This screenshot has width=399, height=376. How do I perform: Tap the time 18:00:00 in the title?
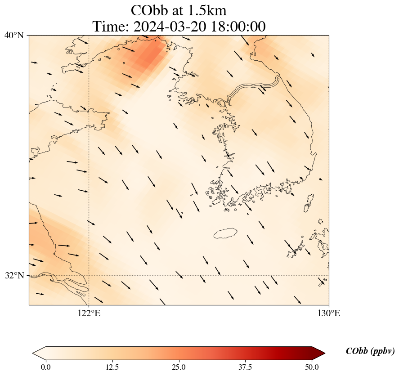click(238, 27)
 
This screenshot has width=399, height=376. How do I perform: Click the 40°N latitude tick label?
click(14, 35)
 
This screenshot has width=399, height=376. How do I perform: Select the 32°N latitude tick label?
click(14, 275)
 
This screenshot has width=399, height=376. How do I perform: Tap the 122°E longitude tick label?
click(89, 313)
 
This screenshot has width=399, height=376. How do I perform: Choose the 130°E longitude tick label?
click(329, 313)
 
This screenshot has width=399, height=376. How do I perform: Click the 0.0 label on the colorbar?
click(45, 367)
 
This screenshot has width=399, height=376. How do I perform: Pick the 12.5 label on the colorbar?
click(112, 367)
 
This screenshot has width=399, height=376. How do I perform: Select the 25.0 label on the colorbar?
click(179, 367)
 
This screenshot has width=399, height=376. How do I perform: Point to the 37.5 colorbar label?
click(245, 367)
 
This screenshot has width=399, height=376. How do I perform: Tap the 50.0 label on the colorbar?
click(312, 367)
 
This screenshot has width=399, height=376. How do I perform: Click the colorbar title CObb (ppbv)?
click(370, 351)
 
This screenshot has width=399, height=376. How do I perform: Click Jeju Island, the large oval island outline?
click(225, 233)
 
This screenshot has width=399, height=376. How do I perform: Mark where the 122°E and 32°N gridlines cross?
click(89, 275)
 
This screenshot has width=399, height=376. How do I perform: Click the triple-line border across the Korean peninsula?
click(255, 87)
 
